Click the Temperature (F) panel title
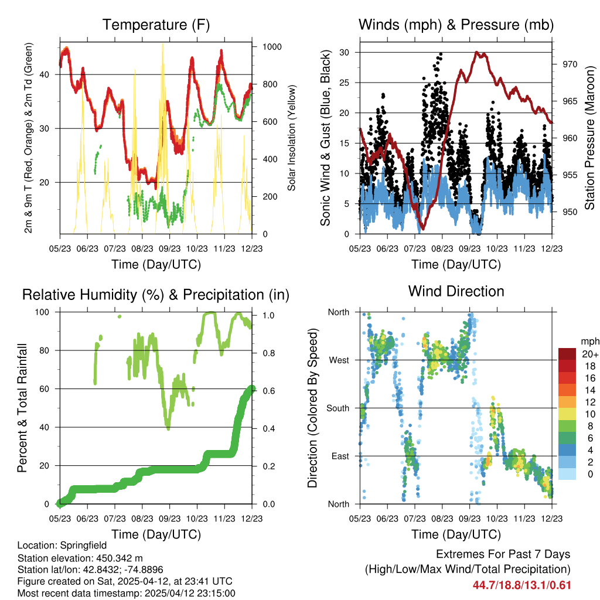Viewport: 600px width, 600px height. pos(156,25)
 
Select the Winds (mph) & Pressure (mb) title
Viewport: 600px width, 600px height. pos(456,25)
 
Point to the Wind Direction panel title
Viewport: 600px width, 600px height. pos(456,291)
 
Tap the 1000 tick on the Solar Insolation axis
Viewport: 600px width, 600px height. pos(269,47)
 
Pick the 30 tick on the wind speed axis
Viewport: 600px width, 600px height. pos(345,53)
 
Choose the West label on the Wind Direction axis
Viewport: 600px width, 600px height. pos(339,360)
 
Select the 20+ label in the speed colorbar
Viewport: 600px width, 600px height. pos(589,354)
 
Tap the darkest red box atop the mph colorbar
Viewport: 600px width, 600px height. pos(568,354)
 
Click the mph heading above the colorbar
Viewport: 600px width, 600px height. pos(589,341)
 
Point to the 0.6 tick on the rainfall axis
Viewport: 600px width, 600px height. pos(266,389)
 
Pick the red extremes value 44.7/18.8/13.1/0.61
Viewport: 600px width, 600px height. pos(521,585)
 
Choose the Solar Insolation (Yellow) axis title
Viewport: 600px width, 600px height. pos(291,138)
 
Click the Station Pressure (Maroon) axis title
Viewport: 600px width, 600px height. pos(590,138)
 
